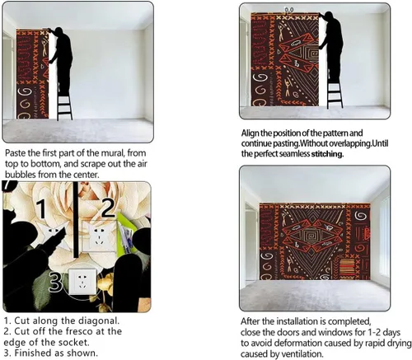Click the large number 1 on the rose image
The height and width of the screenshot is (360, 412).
click(42, 208)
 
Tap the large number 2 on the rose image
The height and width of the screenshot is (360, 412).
click(108, 208)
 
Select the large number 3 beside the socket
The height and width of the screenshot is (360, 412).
click(55, 282)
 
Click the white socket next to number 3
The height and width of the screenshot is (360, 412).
click(82, 282)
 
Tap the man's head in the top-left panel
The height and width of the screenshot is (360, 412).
click(59, 30)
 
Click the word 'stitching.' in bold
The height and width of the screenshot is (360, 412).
click(327, 154)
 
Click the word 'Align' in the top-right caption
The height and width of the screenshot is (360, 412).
click(250, 133)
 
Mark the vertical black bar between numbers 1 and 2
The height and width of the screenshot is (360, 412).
click(76, 219)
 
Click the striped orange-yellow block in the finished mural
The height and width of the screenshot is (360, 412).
click(347, 267)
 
